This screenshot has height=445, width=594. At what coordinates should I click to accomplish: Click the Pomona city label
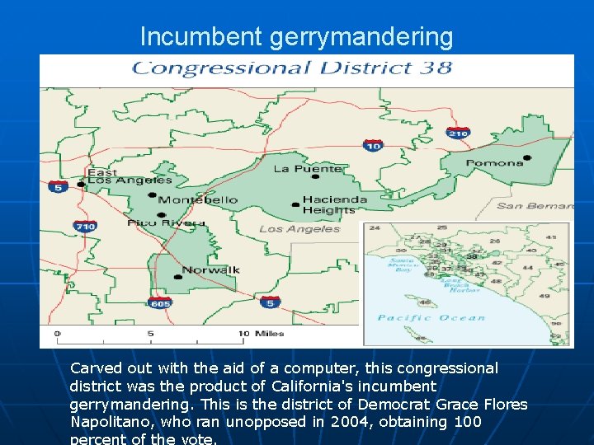495,163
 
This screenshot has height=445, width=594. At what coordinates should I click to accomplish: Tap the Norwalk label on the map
211,269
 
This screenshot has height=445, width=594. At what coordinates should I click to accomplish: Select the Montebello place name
198,200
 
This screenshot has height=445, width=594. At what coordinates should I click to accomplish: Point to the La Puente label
308,169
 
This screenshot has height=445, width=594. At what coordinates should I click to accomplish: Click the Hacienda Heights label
334,204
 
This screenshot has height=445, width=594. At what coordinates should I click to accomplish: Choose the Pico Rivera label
166,222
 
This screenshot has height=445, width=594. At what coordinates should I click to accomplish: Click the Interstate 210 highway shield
458,133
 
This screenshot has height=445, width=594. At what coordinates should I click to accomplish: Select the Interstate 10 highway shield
373,146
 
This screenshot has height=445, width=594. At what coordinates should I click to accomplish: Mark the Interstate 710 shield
85,226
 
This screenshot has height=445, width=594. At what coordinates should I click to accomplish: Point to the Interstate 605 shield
160,302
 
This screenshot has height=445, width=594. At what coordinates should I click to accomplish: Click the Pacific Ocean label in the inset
431,317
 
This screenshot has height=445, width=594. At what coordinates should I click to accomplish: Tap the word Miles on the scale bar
268,334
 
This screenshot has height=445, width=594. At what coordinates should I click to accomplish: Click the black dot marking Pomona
527,157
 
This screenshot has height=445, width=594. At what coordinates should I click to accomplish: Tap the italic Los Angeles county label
299,229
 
